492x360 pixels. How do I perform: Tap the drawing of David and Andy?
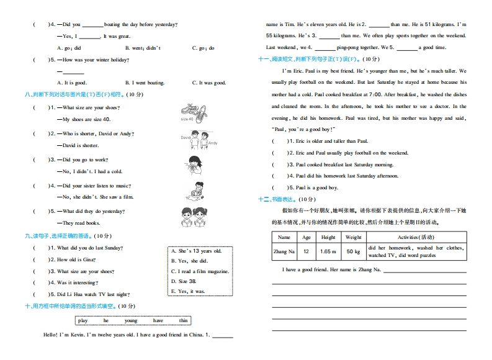coord(199,139)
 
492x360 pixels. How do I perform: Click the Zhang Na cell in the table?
coord(284,251)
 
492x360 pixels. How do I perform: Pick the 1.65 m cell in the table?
coord(328,251)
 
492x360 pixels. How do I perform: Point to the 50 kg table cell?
coord(353,251)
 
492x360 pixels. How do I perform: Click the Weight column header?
coord(353,237)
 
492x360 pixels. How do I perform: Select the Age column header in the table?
coord(306,237)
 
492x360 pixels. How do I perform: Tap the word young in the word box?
coord(131,320)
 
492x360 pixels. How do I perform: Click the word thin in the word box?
coord(183,320)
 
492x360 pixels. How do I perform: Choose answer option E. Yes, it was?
coord(188,290)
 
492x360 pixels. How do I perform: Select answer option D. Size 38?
coord(184,281)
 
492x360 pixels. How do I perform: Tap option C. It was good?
coord(208,82)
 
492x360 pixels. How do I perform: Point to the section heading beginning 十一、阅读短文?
coord(308,59)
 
